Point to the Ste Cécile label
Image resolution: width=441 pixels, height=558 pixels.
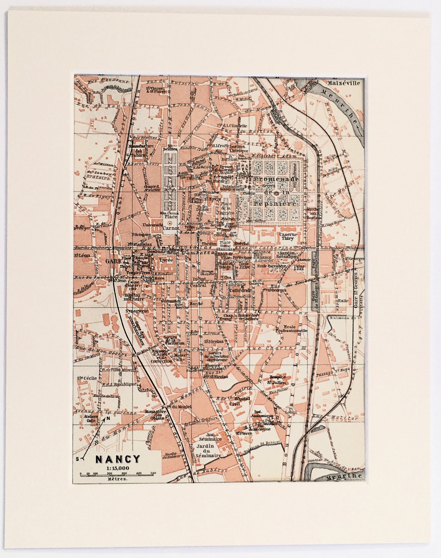point(87,378)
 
